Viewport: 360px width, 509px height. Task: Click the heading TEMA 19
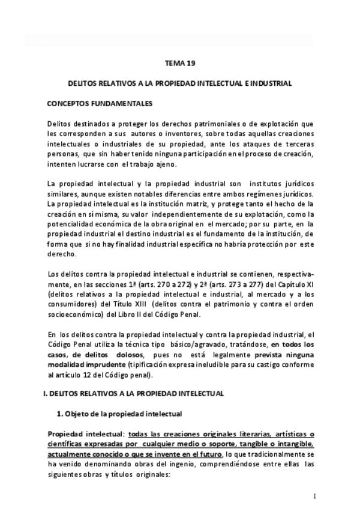[179, 62]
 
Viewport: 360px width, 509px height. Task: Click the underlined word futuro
[205, 453]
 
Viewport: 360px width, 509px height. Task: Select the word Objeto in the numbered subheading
[76, 414]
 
